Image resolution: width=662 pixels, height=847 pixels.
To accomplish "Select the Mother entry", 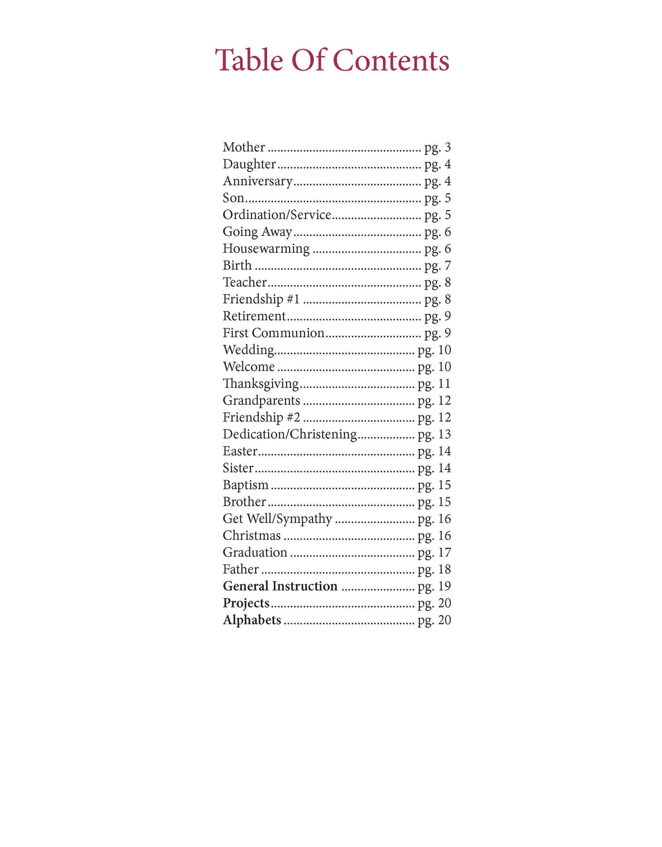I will coord(244,147).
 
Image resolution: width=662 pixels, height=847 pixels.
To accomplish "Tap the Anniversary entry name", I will coord(257,181).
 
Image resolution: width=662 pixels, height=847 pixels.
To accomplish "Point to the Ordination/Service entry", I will coord(277,215).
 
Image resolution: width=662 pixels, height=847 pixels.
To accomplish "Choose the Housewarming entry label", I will coord(266,249).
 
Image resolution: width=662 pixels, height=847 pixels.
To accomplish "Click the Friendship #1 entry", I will coord(261,299).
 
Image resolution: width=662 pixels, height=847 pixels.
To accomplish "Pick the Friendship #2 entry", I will coord(261,417).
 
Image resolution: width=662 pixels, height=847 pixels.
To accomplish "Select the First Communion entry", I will coord(274,333).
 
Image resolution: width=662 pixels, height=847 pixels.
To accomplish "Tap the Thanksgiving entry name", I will coord(261,383).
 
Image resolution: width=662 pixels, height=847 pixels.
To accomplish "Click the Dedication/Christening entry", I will coord(290,434).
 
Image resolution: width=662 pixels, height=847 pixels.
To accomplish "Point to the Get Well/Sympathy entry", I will coord(277,519).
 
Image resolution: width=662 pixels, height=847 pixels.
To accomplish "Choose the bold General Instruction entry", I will coord(280,586).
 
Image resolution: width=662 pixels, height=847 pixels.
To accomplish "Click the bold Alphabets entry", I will coord(252,620).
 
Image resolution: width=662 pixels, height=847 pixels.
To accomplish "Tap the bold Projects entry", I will coord(246,603).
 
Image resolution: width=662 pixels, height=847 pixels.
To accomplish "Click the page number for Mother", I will coord(438,148).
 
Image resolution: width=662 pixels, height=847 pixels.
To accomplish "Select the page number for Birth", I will coord(438,266).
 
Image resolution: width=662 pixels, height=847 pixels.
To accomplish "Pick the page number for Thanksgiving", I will coord(434,384).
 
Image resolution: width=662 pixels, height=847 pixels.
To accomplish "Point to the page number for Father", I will coord(434,569).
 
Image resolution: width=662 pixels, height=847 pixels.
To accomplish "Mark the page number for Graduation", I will coord(434,553).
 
